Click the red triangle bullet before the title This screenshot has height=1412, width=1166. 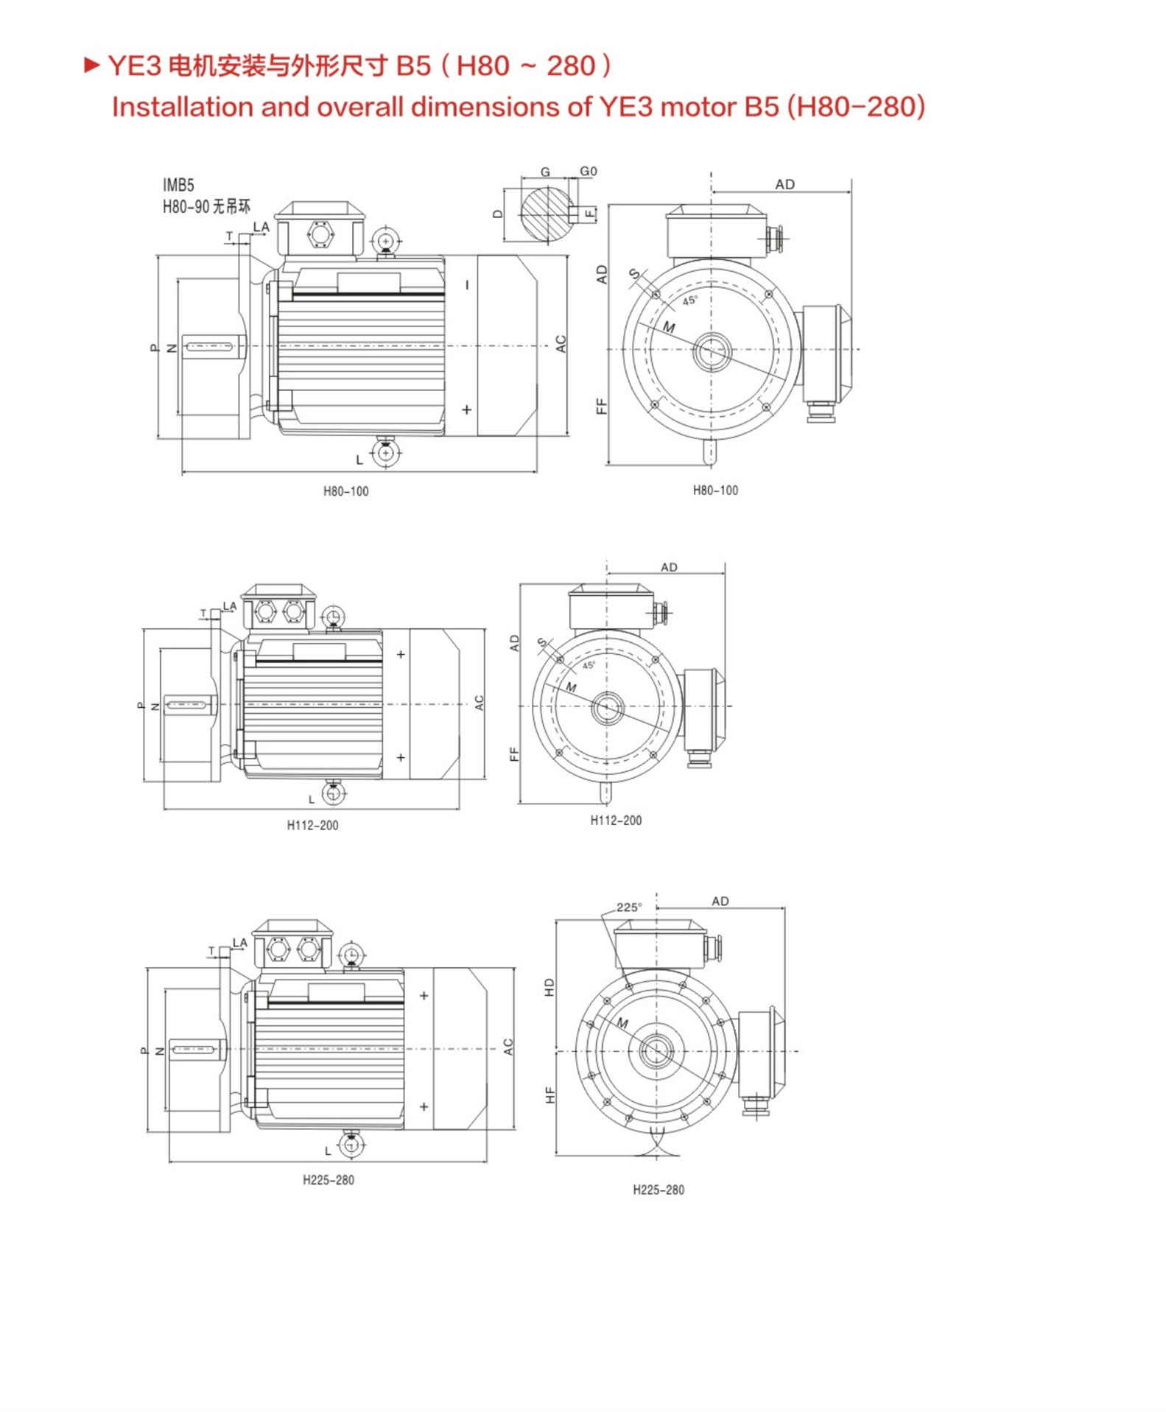pyautogui.click(x=92, y=66)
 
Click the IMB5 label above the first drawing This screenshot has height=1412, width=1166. pyautogui.click(x=178, y=185)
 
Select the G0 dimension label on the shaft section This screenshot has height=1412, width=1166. pyautogui.click(x=589, y=171)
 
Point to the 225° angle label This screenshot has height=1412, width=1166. pyautogui.click(x=629, y=907)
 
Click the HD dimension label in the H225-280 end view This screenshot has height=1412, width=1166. pyautogui.click(x=549, y=988)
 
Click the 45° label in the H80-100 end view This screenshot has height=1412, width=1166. pyautogui.click(x=689, y=301)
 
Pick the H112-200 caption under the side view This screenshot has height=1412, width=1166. pyautogui.click(x=312, y=826)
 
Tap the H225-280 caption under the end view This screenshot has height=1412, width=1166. pyautogui.click(x=658, y=1190)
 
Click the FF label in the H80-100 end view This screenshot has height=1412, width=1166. pyautogui.click(x=601, y=406)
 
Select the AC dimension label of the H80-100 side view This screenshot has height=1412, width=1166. pyautogui.click(x=561, y=344)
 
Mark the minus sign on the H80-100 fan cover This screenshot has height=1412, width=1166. pyautogui.click(x=467, y=284)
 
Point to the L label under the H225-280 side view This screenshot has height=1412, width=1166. pyautogui.click(x=328, y=1151)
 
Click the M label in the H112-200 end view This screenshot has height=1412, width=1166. pyautogui.click(x=571, y=687)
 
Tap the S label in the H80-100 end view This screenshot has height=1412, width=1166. pyautogui.click(x=634, y=274)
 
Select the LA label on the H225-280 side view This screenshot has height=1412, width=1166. pyautogui.click(x=239, y=942)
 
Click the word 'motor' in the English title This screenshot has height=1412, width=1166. pyautogui.click(x=699, y=107)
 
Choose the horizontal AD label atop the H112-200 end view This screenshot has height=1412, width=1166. pyautogui.click(x=669, y=567)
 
